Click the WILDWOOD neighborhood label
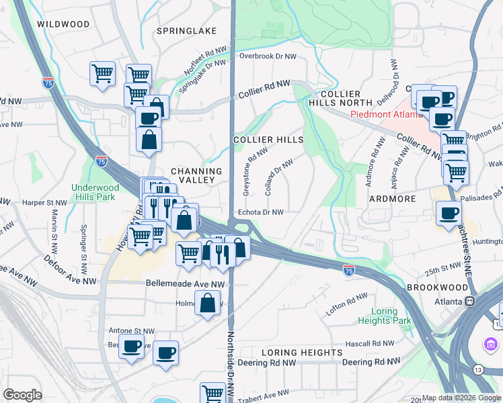tap(63, 24)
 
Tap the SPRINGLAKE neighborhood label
tap(186, 31)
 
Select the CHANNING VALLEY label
tap(192, 175)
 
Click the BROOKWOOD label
tap(437, 287)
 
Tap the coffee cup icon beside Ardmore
tap(449, 214)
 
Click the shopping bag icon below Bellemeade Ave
tap(208, 303)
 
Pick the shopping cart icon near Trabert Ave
tap(212, 392)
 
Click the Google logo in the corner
tap(22, 395)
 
